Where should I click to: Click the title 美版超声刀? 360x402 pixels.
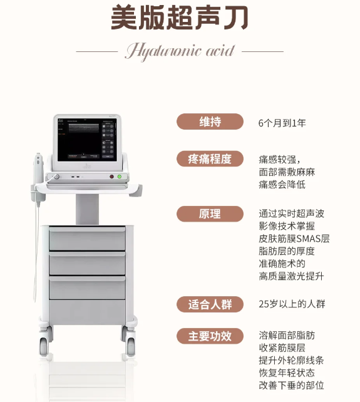[x=180, y=18]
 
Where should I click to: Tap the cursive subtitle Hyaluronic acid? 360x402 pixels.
[x=180, y=51]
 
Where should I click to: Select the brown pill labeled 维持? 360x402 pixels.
[x=210, y=121]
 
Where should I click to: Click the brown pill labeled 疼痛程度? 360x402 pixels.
[x=210, y=159]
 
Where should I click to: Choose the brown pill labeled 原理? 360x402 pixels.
[x=210, y=214]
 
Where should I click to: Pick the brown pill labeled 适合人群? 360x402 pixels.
[x=210, y=304]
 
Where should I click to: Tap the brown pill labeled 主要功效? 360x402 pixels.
[x=210, y=336]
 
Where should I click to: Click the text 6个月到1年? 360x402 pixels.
[x=282, y=123]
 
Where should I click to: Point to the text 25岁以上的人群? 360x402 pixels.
[x=292, y=304]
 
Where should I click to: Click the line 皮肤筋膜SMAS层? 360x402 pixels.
[x=294, y=239]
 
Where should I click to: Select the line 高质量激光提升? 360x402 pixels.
[x=291, y=276]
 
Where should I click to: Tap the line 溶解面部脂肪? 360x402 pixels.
[x=287, y=336]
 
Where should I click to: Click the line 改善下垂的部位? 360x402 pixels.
[x=291, y=385]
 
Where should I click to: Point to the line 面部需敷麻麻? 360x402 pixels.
[x=287, y=172]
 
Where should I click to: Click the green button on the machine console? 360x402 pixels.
[x=119, y=177]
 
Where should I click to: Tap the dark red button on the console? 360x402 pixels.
[x=111, y=177]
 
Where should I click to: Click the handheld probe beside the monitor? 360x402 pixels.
[x=38, y=177]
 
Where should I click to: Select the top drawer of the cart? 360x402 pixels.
[x=87, y=239]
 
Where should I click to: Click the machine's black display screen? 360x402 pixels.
[x=87, y=140]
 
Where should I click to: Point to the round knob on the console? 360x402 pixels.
[x=56, y=177]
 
